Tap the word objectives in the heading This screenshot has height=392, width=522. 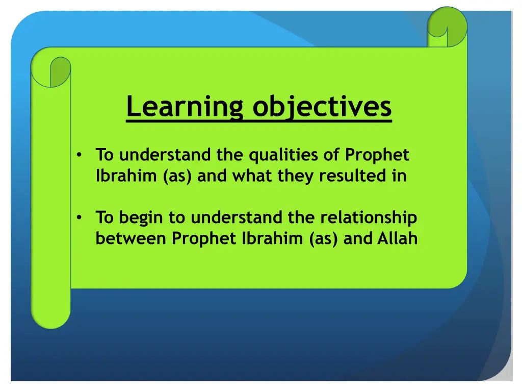(x=322, y=107)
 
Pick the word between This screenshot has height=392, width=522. (x=131, y=238)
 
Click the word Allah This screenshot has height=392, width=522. (x=398, y=238)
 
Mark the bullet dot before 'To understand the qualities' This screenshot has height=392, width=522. (x=79, y=155)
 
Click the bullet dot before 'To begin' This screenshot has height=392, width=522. (x=79, y=217)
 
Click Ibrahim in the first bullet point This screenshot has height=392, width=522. (x=126, y=176)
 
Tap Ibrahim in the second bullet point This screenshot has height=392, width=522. (x=272, y=238)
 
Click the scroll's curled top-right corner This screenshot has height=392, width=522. (x=447, y=27)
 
